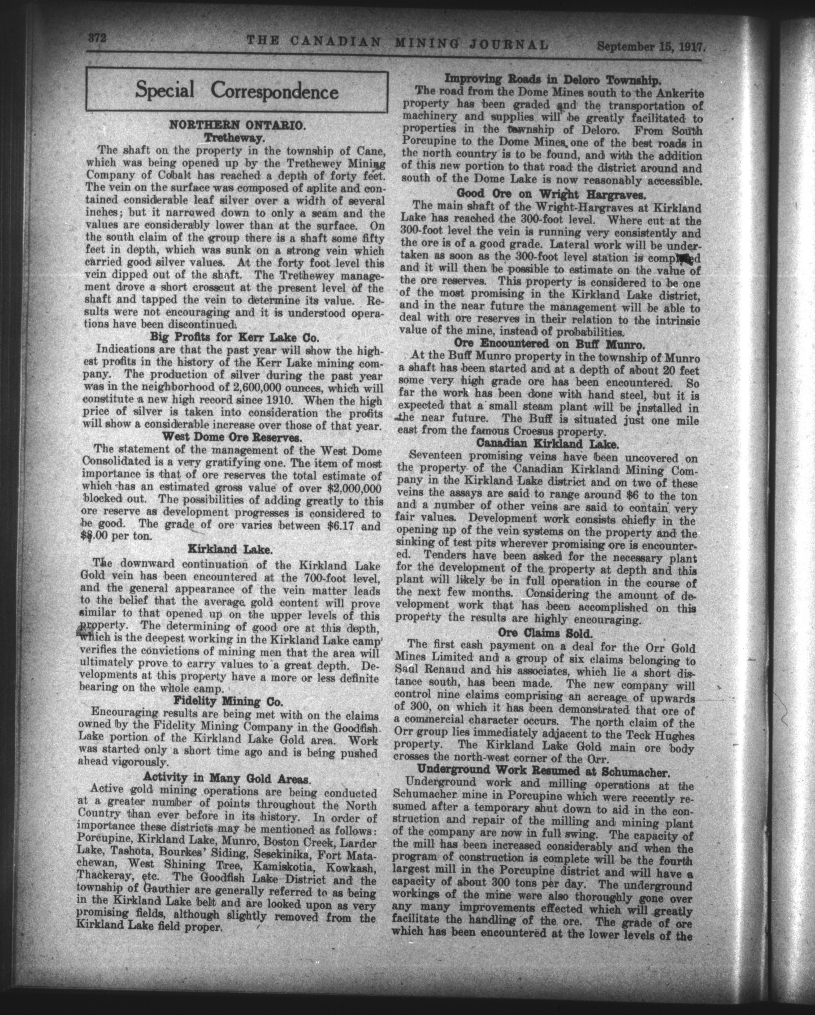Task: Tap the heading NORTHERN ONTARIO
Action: [x=238, y=125]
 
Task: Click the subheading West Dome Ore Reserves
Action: [x=234, y=438]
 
